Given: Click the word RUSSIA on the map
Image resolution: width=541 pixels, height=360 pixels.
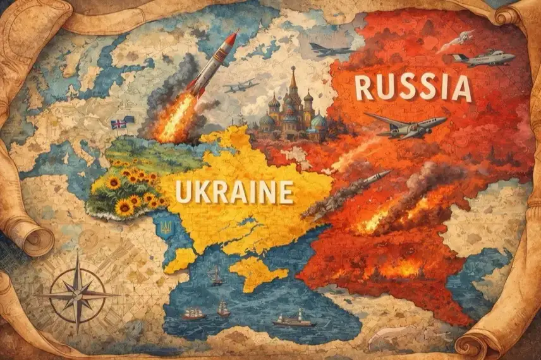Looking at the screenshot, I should click(414, 88).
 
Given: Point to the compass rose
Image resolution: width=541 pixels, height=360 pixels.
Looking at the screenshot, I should click(77, 294).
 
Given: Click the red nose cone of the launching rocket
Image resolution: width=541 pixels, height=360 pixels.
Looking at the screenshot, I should click(231, 38).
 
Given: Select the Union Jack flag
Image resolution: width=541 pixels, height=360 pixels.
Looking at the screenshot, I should click(118, 124).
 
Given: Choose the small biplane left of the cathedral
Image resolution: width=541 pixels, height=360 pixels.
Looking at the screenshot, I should click(241, 85).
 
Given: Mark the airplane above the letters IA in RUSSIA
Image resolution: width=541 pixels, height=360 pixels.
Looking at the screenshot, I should click(482, 57).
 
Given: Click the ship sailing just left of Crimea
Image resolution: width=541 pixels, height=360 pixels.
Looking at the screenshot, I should click(217, 275).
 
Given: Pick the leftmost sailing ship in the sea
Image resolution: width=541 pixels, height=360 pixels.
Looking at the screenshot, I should click(192, 313).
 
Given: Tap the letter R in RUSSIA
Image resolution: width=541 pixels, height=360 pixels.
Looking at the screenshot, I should click(367, 88).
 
